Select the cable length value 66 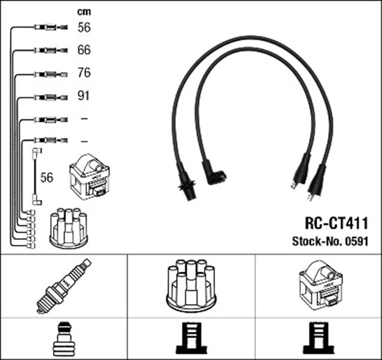84,50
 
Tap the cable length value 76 84,73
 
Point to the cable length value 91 84,96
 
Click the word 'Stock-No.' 315,242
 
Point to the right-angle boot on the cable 214,174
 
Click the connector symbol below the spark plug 64,339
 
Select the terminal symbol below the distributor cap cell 191,339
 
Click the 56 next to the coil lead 47,177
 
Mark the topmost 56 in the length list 84,27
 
